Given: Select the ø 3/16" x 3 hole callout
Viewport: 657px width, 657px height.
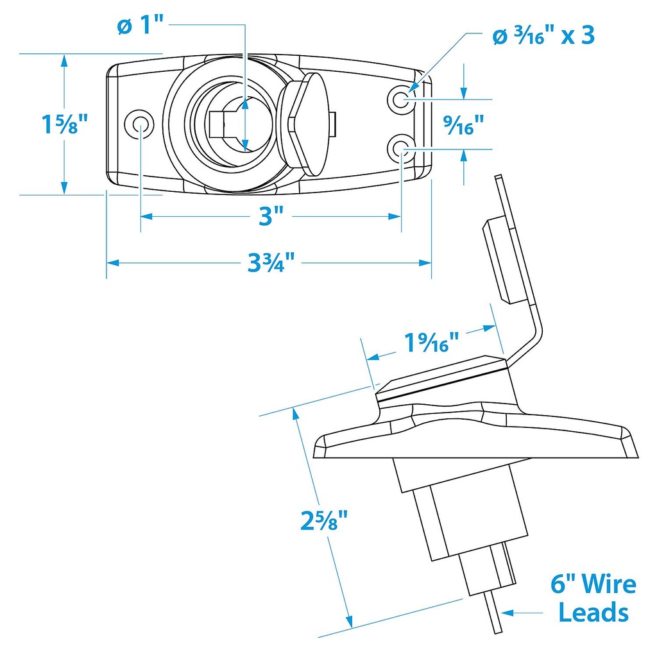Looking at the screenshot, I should [x=543, y=35].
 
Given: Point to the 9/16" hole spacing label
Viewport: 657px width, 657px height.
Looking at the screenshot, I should [x=465, y=125].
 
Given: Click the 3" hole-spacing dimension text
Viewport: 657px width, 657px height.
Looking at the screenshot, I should [x=270, y=217].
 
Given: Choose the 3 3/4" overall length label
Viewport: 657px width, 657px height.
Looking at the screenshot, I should [x=270, y=262].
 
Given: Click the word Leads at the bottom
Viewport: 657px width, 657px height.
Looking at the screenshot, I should [x=593, y=613].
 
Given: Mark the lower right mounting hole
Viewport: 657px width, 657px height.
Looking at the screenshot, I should [x=402, y=149].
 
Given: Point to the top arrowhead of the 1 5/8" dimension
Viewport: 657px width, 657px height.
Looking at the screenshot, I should [x=64, y=59].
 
